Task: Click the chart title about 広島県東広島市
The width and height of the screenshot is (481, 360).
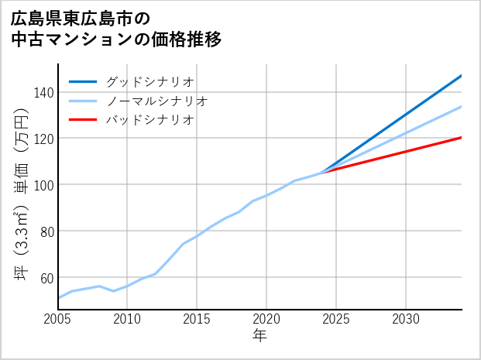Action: click(x=116, y=28)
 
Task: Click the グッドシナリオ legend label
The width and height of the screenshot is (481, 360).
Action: click(x=149, y=81)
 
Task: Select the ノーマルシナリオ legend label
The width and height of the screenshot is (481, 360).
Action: click(x=156, y=101)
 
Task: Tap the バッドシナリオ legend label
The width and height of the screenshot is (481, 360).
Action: click(x=149, y=120)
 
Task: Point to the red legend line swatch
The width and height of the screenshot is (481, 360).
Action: click(x=83, y=120)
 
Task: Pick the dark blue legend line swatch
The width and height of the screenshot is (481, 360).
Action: click(x=83, y=81)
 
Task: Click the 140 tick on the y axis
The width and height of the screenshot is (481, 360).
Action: click(x=43, y=92)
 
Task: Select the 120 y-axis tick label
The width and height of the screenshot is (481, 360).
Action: click(x=43, y=139)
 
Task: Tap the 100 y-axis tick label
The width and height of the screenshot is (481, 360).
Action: click(x=43, y=185)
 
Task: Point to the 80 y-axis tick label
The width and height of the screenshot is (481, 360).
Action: click(x=46, y=231)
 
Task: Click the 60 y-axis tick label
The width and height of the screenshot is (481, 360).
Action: click(x=46, y=277)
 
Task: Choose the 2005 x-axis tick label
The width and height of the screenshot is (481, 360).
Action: click(x=57, y=319)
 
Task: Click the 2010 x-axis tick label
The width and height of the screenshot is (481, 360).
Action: click(x=127, y=319)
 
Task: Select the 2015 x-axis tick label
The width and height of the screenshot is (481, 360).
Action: click(x=197, y=319)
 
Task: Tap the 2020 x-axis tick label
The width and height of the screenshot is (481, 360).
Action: click(x=266, y=319)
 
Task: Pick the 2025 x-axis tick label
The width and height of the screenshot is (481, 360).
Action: click(x=336, y=319)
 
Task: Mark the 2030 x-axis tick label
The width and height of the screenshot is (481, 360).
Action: click(x=406, y=319)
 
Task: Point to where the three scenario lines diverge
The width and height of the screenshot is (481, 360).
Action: click(x=323, y=173)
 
